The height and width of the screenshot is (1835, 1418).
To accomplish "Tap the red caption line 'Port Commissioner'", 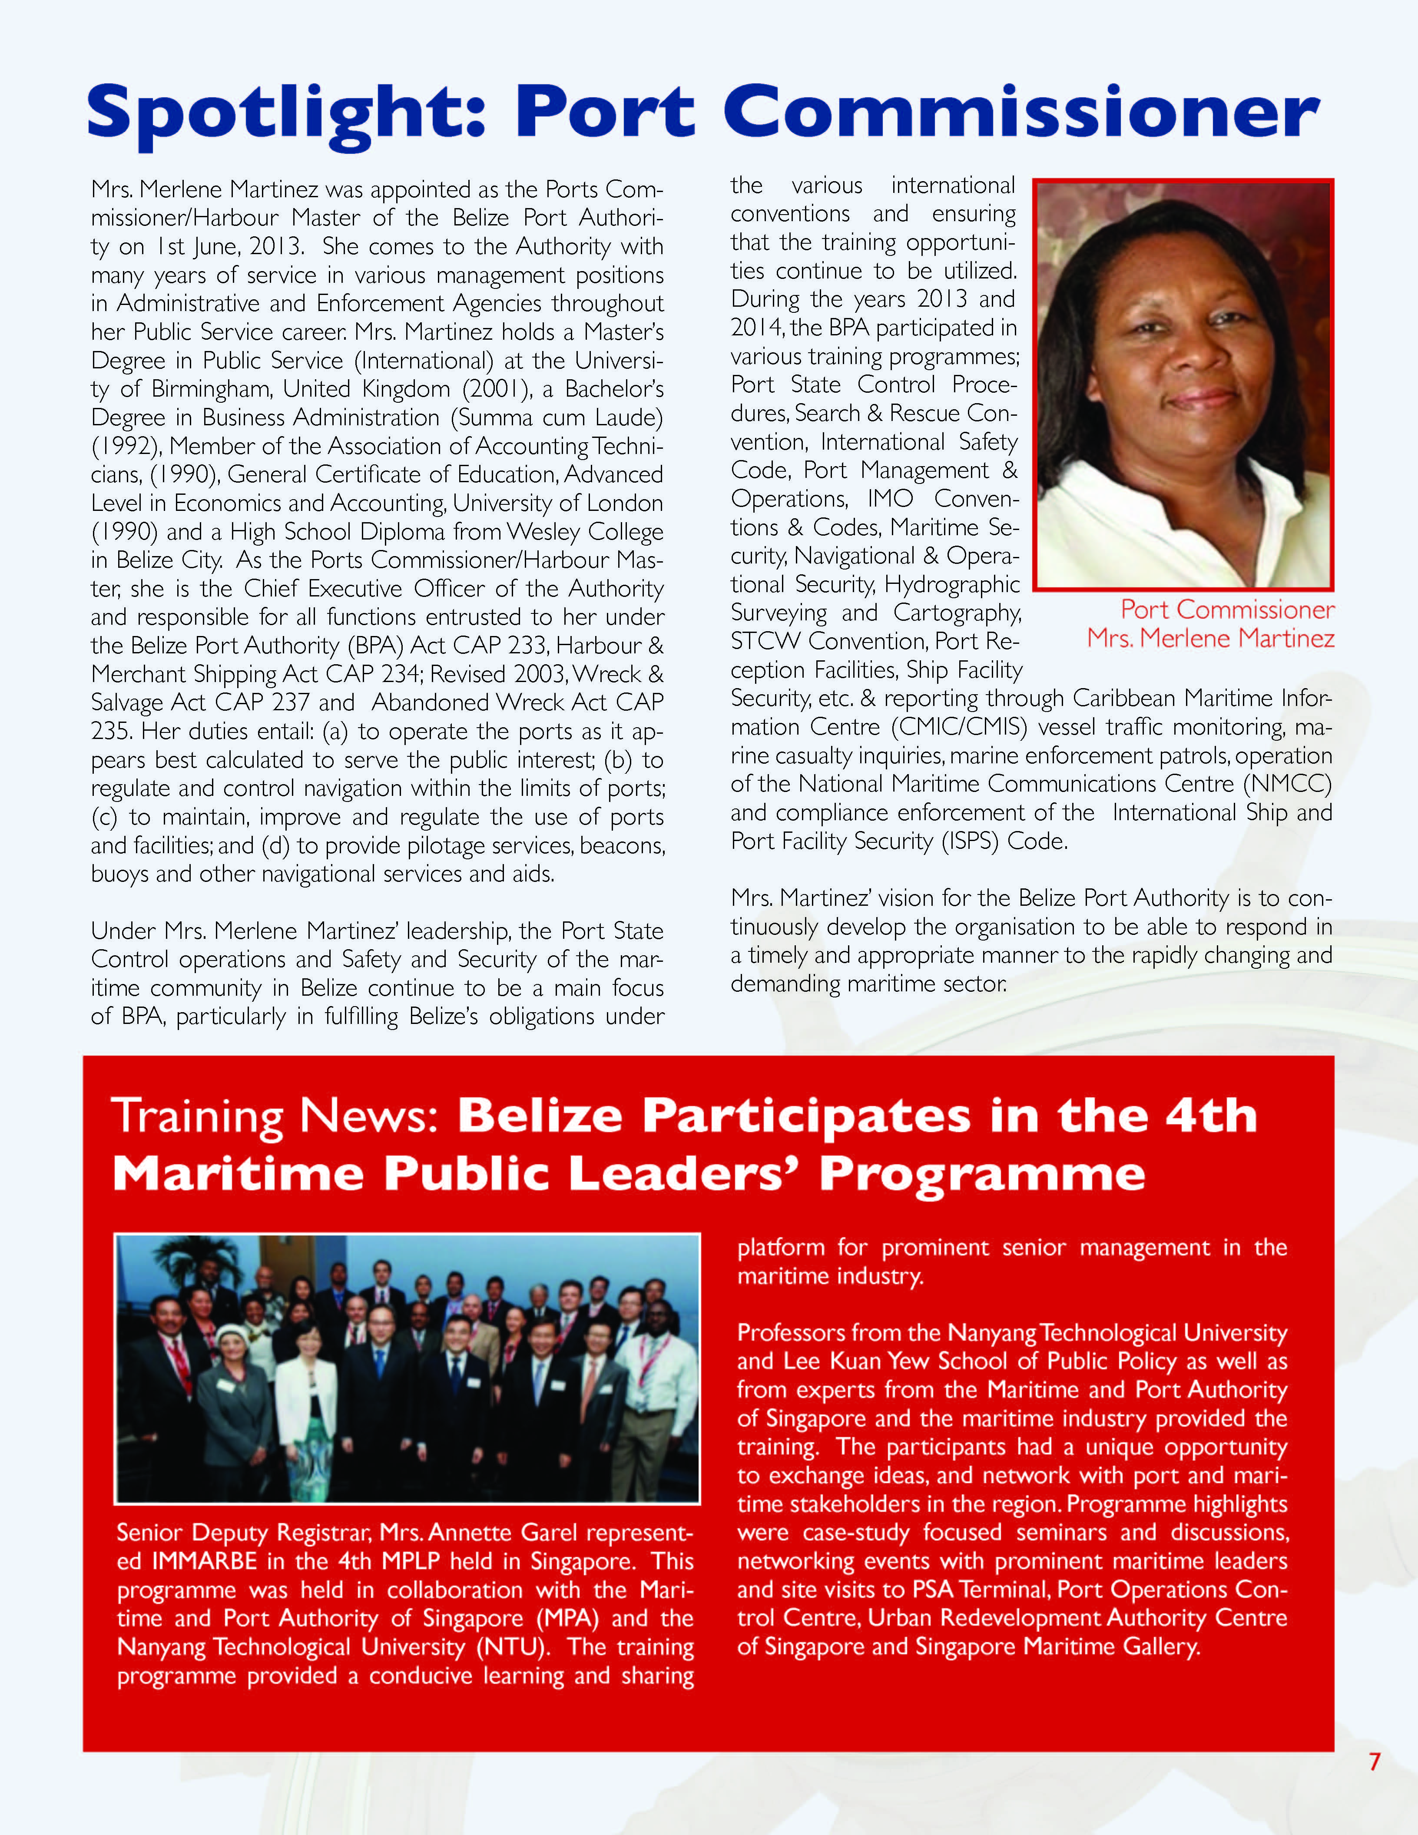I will coord(1226,609).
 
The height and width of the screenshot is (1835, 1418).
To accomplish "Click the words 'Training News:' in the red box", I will coord(275,1116).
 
